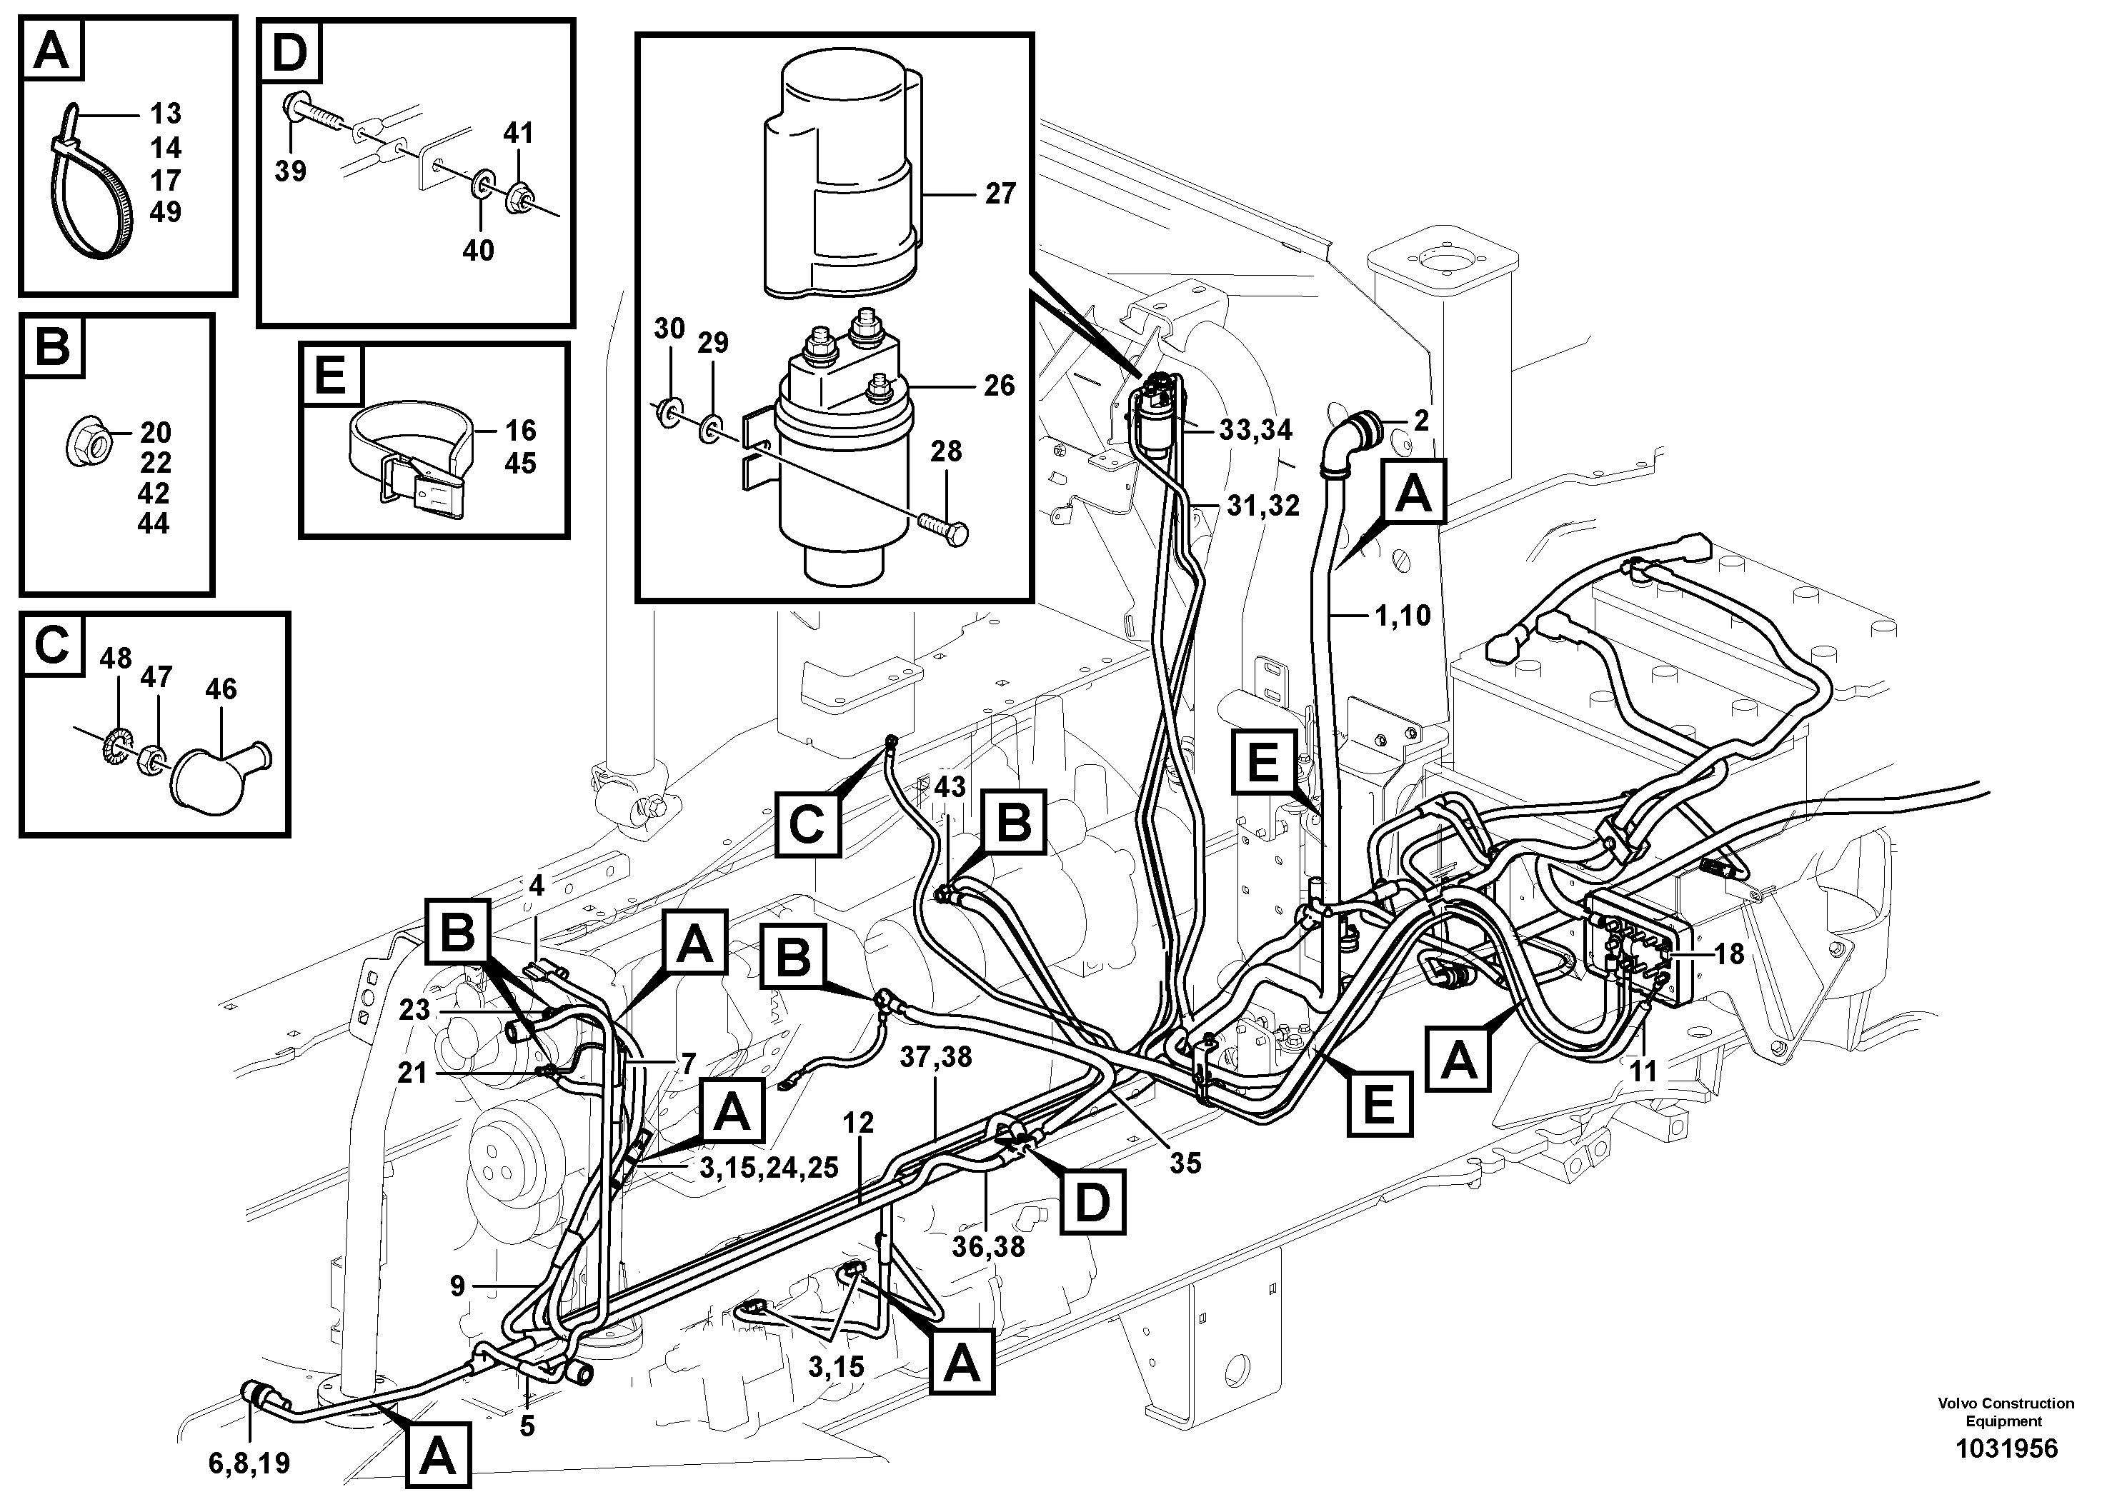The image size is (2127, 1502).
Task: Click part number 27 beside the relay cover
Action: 1000,194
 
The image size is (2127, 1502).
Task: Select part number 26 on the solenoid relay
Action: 999,385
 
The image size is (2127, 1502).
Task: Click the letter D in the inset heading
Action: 290,52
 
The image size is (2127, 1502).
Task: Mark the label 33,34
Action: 1255,431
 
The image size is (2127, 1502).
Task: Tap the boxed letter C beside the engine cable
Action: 807,823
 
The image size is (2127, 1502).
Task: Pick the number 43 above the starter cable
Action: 950,787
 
